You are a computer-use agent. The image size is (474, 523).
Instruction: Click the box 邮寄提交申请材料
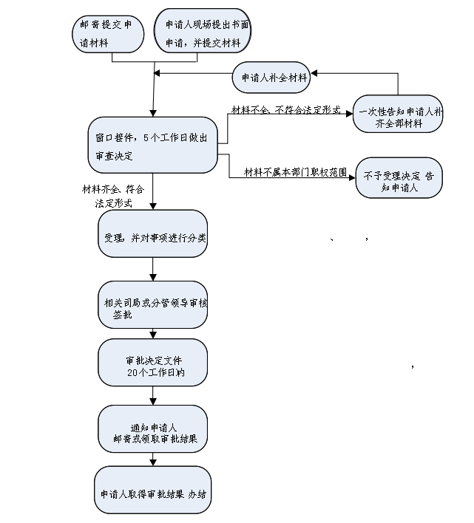coord(108,34)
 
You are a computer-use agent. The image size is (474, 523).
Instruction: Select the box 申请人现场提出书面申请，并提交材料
coord(203,31)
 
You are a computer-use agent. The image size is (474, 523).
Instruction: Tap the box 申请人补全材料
coord(271,78)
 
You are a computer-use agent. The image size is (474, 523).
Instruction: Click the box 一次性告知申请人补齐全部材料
coord(398,114)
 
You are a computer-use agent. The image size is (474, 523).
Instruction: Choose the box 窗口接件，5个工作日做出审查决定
coord(153,145)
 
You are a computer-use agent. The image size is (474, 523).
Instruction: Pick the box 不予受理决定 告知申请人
coord(399,178)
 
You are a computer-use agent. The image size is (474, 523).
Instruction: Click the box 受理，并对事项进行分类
coord(153,233)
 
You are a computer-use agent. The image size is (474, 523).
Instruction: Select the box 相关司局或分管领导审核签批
coord(153,304)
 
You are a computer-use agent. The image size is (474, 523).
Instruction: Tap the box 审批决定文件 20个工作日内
coord(153,363)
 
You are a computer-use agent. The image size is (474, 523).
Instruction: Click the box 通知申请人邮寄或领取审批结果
coord(153,429)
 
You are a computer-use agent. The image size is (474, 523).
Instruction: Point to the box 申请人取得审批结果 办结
coord(153,490)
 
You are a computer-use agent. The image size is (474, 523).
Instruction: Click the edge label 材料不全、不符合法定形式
coord(286,110)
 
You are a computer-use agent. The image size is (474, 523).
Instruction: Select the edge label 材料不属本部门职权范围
coord(295,172)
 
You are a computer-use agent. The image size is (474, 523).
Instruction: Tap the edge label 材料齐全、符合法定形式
coord(113,196)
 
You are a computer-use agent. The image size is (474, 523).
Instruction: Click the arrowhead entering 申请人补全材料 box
coord(314,73)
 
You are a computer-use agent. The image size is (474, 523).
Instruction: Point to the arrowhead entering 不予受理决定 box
coord(352,178)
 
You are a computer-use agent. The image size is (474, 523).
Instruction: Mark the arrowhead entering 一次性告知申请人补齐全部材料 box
coord(350,114)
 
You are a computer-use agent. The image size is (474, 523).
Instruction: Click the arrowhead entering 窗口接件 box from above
coord(153,114)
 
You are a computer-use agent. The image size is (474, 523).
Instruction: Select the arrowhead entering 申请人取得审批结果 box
coord(153,462)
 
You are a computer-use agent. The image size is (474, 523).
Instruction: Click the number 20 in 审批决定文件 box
coord(132,372)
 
